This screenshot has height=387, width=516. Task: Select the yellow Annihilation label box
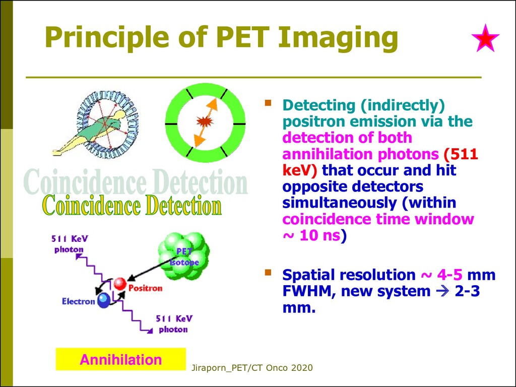(x=120, y=359)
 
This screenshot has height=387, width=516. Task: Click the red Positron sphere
(x=120, y=284)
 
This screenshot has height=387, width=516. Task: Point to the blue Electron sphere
(x=104, y=300)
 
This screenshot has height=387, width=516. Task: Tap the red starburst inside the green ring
(x=204, y=121)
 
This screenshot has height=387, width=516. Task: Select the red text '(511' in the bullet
(x=460, y=154)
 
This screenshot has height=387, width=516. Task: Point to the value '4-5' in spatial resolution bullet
(x=448, y=275)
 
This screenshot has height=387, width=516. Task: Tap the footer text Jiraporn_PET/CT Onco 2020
(x=252, y=368)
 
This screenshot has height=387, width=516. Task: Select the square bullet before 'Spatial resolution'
(x=269, y=273)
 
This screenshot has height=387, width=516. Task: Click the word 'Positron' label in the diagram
(x=145, y=288)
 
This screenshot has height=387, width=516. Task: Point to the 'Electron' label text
(x=78, y=301)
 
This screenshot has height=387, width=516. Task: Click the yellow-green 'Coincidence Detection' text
(x=132, y=206)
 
